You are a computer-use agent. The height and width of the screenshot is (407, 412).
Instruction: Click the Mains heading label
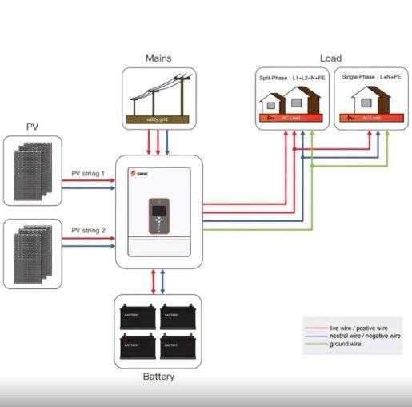pos(158,58)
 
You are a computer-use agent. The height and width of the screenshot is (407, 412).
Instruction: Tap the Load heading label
pos(330,58)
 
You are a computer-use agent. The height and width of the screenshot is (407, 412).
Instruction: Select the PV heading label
pos(33,127)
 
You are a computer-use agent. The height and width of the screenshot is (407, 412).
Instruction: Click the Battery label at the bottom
pos(158,376)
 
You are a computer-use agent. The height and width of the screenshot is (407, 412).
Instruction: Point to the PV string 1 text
pos(88,173)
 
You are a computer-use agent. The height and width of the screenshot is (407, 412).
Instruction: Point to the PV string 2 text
pos(88,231)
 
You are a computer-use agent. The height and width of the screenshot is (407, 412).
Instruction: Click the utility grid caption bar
pos(158,119)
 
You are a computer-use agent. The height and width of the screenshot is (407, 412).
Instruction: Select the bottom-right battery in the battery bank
pos(178,345)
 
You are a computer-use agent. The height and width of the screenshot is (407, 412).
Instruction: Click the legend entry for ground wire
pos(346,345)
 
